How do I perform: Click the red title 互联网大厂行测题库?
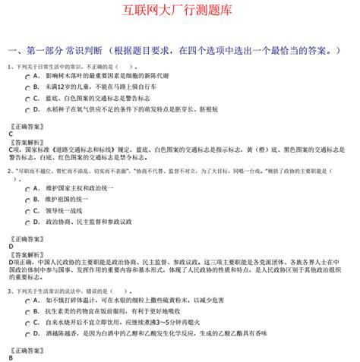[180, 11]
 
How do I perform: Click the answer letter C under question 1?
[11, 134]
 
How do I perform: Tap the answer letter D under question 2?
[11, 247]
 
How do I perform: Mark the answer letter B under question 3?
[11, 357]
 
